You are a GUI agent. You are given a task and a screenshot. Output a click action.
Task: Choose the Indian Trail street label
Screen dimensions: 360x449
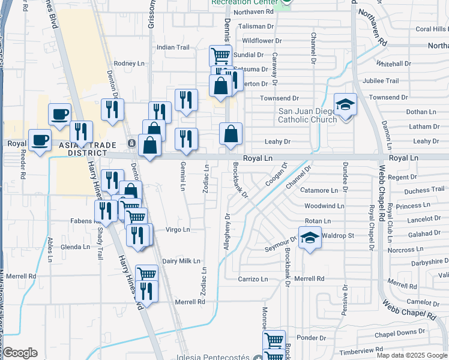click(173, 47)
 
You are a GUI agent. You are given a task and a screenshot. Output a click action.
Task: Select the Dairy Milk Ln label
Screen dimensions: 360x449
click(181, 261)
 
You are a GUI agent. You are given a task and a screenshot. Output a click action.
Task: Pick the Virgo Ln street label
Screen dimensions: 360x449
click(178, 230)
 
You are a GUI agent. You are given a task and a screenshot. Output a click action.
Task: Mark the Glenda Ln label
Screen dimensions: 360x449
click(74, 247)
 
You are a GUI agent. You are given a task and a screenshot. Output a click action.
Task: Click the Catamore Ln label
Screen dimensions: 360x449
click(319, 191)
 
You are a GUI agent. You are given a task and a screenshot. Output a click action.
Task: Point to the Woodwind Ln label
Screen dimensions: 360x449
click(324, 206)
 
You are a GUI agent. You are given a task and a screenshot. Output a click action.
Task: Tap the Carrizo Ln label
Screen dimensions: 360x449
click(252, 280)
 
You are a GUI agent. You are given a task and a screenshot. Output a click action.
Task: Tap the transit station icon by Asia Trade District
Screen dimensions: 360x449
click(131, 143)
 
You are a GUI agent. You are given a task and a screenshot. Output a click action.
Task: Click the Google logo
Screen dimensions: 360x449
click(20, 353)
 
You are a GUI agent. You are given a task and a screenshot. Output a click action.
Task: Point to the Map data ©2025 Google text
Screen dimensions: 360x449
click(412, 355)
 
